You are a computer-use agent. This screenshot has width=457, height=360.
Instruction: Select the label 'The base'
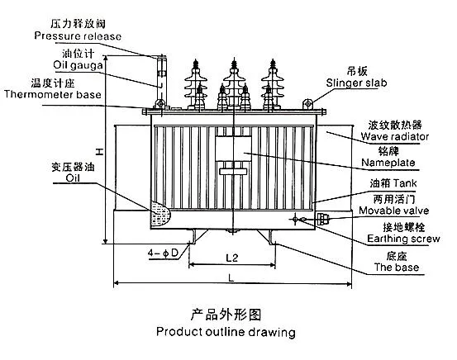point(397,269)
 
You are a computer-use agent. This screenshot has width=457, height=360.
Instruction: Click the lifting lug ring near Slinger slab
point(307,102)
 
